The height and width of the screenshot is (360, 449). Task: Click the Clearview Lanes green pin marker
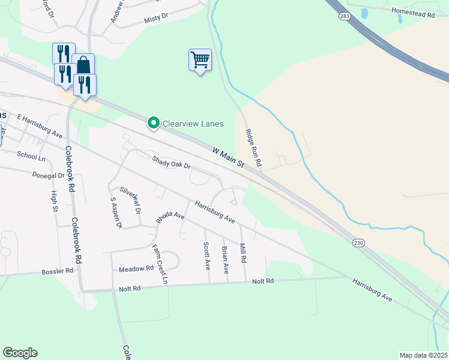[153, 124]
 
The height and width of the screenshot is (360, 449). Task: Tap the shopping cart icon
[200, 60]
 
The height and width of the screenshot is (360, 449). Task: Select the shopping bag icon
[83, 64]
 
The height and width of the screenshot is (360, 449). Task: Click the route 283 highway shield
[345, 17]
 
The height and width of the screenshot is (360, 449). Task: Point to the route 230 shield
[359, 242]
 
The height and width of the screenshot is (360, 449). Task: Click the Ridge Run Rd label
[253, 148]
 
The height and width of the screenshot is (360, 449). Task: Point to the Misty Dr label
[157, 20]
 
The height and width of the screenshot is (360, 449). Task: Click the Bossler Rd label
[57, 271]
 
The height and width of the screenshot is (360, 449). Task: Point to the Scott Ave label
[206, 254]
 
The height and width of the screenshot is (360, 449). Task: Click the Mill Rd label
[243, 253]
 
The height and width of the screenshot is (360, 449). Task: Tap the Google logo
[20, 353]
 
